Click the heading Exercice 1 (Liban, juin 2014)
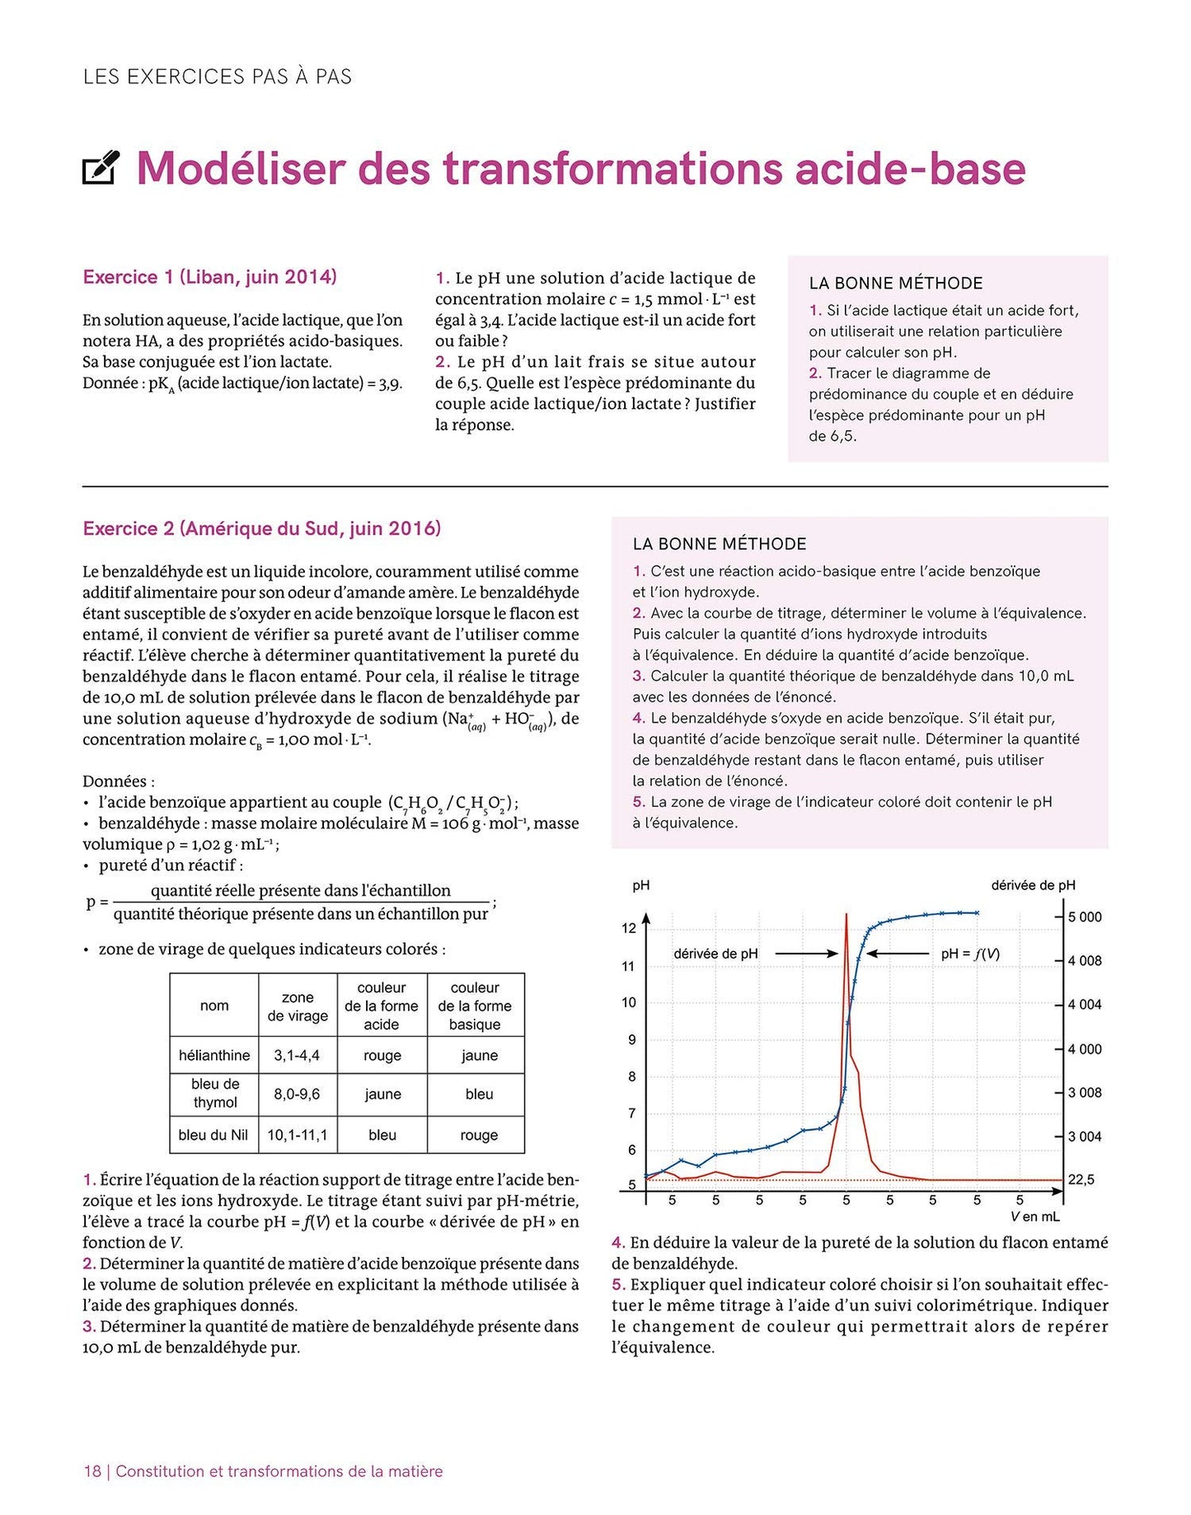pos(209,277)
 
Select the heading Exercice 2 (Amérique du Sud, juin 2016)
pos(261,528)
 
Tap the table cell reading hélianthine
pos(214,1055)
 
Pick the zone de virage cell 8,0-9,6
pos(297,1094)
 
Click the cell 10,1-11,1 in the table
pos(297,1135)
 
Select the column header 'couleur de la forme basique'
pos(475,1006)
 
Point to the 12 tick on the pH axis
pos(629,928)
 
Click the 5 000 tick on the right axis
pos(1085,917)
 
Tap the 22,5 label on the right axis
pos(1081,1180)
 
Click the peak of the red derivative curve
pos(846,915)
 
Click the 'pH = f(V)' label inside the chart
pos(970,954)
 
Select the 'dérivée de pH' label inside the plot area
pos(715,954)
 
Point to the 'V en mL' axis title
pos(1034,1217)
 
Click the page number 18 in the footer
pos(91,1471)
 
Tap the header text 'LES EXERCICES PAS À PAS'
pos(218,77)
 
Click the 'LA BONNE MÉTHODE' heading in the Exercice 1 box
pos(895,284)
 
